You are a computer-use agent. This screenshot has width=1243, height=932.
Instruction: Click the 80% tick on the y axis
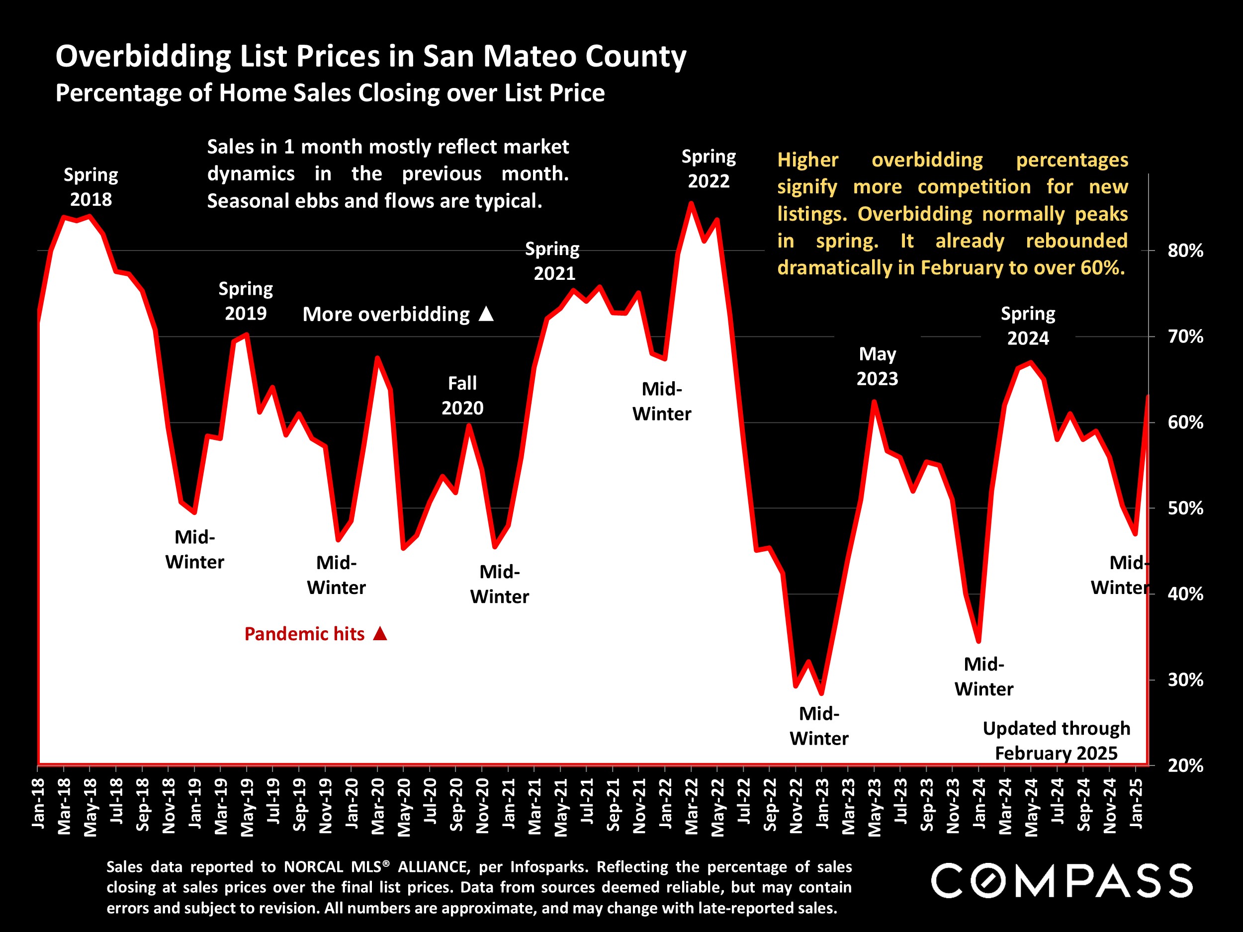pyautogui.click(x=1185, y=251)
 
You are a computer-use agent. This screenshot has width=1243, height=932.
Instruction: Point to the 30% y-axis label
pyautogui.click(x=1185, y=680)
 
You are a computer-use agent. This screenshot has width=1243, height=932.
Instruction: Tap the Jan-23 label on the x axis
pyautogui.click(x=822, y=803)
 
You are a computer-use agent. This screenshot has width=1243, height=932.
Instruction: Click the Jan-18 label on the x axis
pyautogui.click(x=38, y=803)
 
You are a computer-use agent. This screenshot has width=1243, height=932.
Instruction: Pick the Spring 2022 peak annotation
pyautogui.click(x=709, y=169)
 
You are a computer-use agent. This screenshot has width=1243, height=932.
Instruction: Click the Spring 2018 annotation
pyautogui.click(x=90, y=187)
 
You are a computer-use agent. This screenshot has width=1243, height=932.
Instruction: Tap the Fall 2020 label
pyautogui.click(x=462, y=396)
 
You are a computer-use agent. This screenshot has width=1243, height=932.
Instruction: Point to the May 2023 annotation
pyautogui.click(x=877, y=366)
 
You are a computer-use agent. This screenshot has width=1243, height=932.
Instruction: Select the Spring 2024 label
pyautogui.click(x=1028, y=326)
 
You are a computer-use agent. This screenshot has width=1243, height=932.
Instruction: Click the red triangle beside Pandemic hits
pyautogui.click(x=380, y=634)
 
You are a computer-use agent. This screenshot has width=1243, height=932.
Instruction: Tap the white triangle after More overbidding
pyautogui.click(x=486, y=314)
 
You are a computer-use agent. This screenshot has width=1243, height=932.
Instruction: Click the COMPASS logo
pyautogui.click(x=1062, y=881)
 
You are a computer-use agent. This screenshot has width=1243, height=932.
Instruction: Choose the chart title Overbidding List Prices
pyautogui.click(x=371, y=56)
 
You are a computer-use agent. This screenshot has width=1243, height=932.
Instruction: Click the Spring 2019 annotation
pyautogui.click(x=246, y=301)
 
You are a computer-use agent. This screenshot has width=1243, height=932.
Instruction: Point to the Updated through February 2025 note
pyautogui.click(x=1056, y=741)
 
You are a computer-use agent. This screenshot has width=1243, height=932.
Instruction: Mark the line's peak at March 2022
pyautogui.click(x=691, y=203)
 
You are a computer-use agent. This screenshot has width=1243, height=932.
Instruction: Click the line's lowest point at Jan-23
pyautogui.click(x=821, y=693)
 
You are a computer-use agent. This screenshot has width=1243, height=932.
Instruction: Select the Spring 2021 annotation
pyautogui.click(x=553, y=260)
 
